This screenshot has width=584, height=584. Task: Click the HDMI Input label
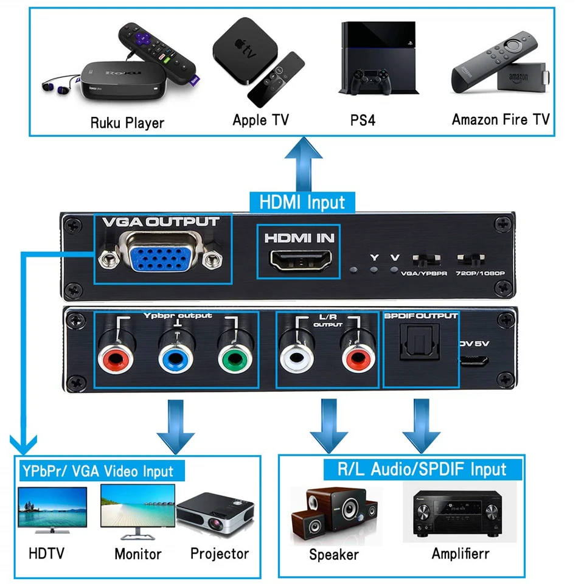pos(302,202)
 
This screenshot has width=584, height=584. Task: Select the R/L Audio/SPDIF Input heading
pos(422,469)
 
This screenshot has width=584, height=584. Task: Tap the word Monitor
pos(138,554)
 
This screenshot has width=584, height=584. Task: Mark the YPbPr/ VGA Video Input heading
pos(97,471)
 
